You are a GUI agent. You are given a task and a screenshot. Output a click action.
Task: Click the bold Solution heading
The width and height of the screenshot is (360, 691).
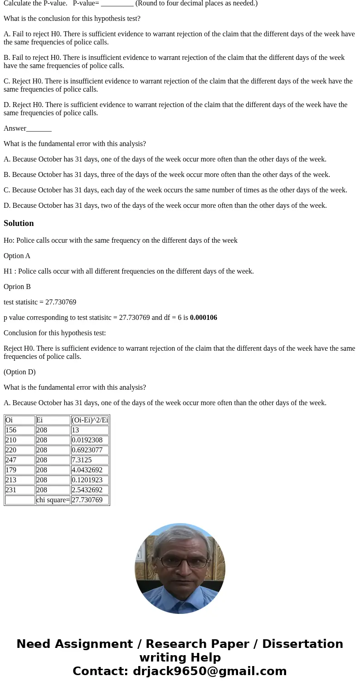(19, 223)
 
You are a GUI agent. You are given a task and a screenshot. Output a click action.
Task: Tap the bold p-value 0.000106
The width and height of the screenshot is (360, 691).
(203, 318)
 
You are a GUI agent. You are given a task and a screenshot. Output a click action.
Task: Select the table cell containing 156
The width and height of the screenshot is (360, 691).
(19, 430)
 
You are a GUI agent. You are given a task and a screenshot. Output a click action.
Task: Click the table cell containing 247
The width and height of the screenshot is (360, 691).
(19, 460)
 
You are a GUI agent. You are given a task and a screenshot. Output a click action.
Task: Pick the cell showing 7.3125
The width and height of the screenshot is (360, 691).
(89, 460)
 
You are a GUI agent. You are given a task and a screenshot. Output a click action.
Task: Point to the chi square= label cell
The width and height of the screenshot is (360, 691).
(53, 500)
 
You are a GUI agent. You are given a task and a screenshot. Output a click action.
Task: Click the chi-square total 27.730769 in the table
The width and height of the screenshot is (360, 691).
(89, 500)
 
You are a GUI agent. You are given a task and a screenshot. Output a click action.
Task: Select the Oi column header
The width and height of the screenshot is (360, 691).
(19, 420)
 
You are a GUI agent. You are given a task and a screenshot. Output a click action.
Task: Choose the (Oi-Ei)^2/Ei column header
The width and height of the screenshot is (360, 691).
(89, 420)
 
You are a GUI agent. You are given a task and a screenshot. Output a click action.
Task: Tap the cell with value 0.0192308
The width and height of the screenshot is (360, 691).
(89, 440)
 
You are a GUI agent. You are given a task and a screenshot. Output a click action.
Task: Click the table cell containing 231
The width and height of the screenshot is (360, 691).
(19, 490)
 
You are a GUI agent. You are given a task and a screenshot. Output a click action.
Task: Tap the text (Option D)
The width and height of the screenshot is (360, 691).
(19, 372)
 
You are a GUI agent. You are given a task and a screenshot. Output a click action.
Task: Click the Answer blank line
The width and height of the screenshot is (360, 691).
(39, 129)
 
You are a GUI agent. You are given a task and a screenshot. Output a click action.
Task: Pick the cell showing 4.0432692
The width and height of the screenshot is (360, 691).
(89, 470)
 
